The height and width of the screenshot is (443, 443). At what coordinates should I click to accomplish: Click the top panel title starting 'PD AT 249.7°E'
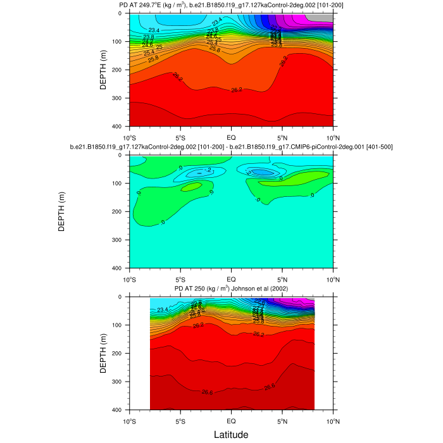click(x=231, y=6)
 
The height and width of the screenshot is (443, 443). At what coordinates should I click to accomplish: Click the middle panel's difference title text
click(x=231, y=147)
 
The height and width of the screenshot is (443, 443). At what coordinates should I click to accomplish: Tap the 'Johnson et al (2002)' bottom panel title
click(x=231, y=289)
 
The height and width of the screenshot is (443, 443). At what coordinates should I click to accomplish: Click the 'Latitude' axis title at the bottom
click(x=230, y=434)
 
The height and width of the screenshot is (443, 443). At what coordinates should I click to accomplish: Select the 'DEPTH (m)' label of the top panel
click(x=103, y=70)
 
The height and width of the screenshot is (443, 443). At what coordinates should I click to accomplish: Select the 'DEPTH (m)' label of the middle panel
click(x=62, y=211)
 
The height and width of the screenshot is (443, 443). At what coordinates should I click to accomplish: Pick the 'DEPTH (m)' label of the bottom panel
click(x=103, y=353)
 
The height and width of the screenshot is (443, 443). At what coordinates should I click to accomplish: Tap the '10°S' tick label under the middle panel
click(x=130, y=279)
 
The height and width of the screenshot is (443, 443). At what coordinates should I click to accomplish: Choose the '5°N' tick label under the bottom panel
click(x=282, y=421)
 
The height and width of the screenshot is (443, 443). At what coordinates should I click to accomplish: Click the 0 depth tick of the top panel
click(x=123, y=13)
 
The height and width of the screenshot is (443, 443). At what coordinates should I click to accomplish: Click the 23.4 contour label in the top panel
click(x=154, y=30)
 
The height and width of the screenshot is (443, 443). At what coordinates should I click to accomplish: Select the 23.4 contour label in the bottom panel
click(x=163, y=309)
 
